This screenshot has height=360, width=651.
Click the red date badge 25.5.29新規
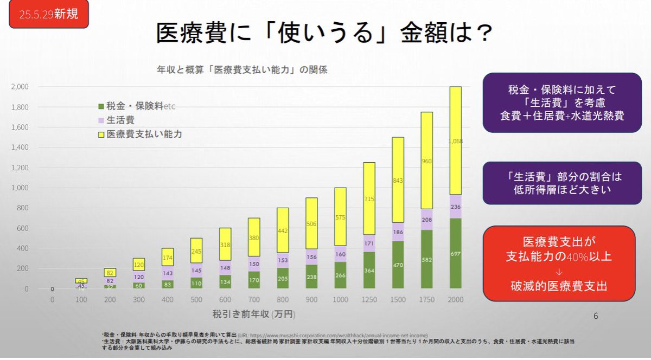(47, 15)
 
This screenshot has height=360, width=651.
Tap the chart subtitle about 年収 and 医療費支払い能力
(242, 70)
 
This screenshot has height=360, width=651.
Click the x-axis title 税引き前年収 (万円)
(251, 314)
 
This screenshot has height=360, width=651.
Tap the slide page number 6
(596, 316)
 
